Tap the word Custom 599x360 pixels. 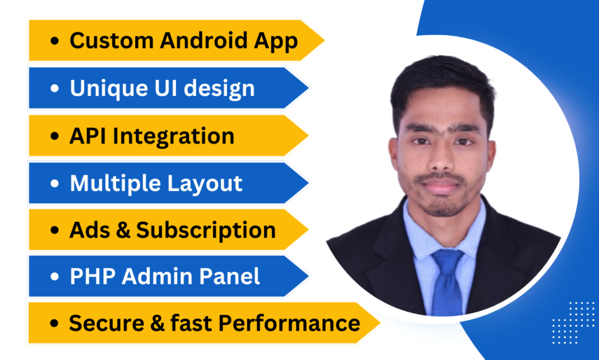(x=112, y=40)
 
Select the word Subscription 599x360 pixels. (x=206, y=231)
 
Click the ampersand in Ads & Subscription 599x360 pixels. (x=123, y=230)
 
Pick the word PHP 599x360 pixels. (x=92, y=276)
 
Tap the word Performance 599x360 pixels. (x=290, y=323)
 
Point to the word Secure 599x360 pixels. (x=106, y=323)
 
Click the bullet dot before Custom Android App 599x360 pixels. (x=54, y=40)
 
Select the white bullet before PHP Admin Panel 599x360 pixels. (x=54, y=276)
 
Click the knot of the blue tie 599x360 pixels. (x=447, y=259)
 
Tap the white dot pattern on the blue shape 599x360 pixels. (x=573, y=323)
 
